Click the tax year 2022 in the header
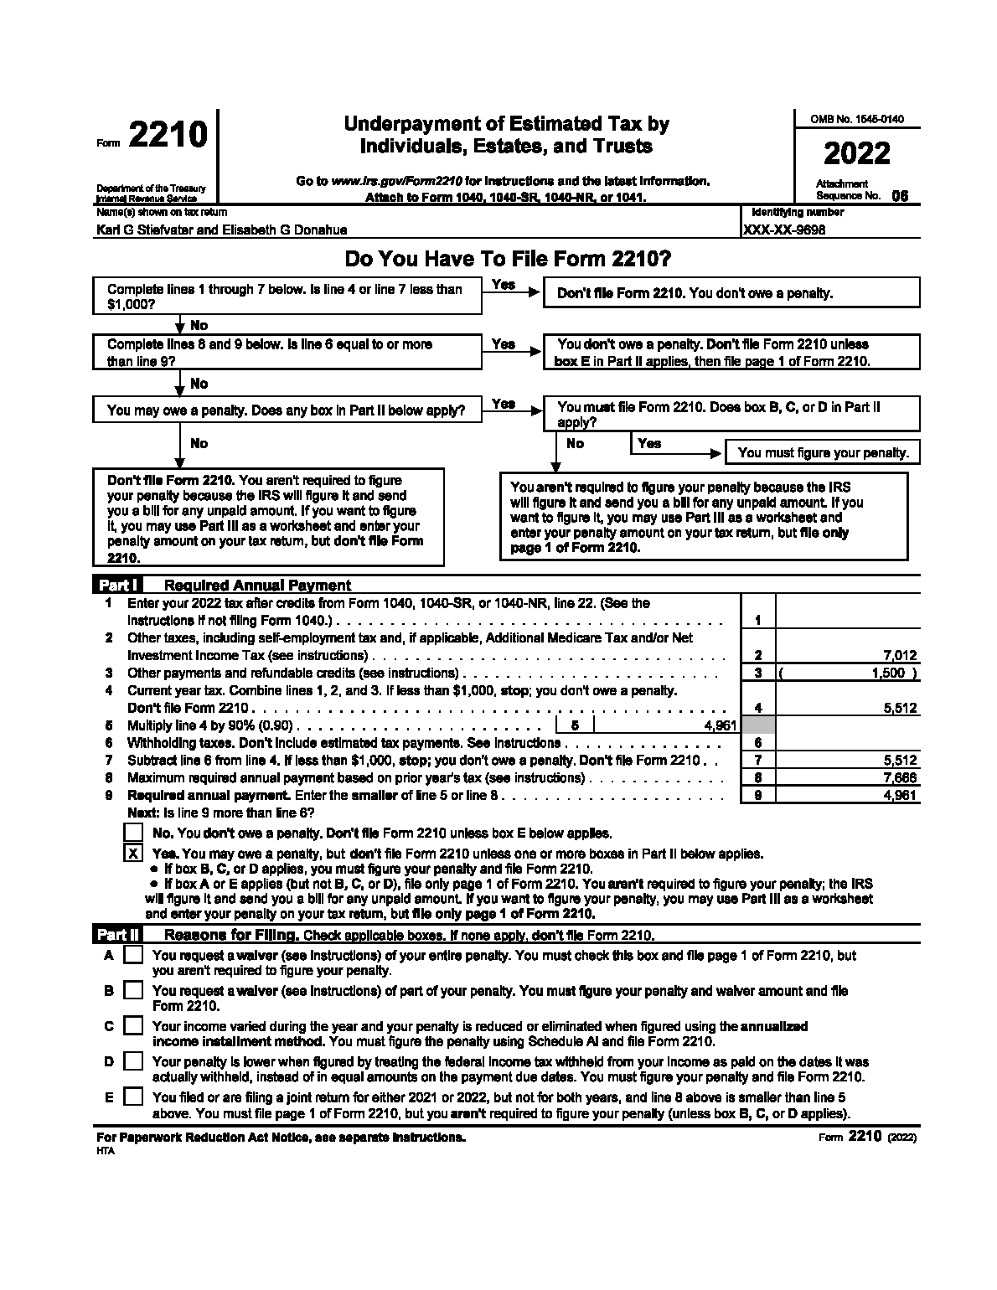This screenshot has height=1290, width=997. tap(856, 154)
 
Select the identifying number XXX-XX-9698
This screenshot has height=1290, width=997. tap(785, 230)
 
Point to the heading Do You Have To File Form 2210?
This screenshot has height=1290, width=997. tap(508, 260)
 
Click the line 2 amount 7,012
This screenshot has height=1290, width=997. tap(899, 656)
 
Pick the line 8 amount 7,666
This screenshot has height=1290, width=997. tap(900, 777)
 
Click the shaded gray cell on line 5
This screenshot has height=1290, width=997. tap(758, 725)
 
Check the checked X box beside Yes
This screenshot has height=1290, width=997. tap(133, 854)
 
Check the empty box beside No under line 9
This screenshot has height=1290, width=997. tap(133, 833)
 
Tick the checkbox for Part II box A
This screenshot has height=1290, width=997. tap(133, 955)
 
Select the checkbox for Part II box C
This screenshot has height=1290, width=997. tap(133, 1025)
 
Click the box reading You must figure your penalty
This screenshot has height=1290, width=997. tap(823, 452)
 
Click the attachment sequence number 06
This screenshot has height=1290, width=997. tap(899, 196)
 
